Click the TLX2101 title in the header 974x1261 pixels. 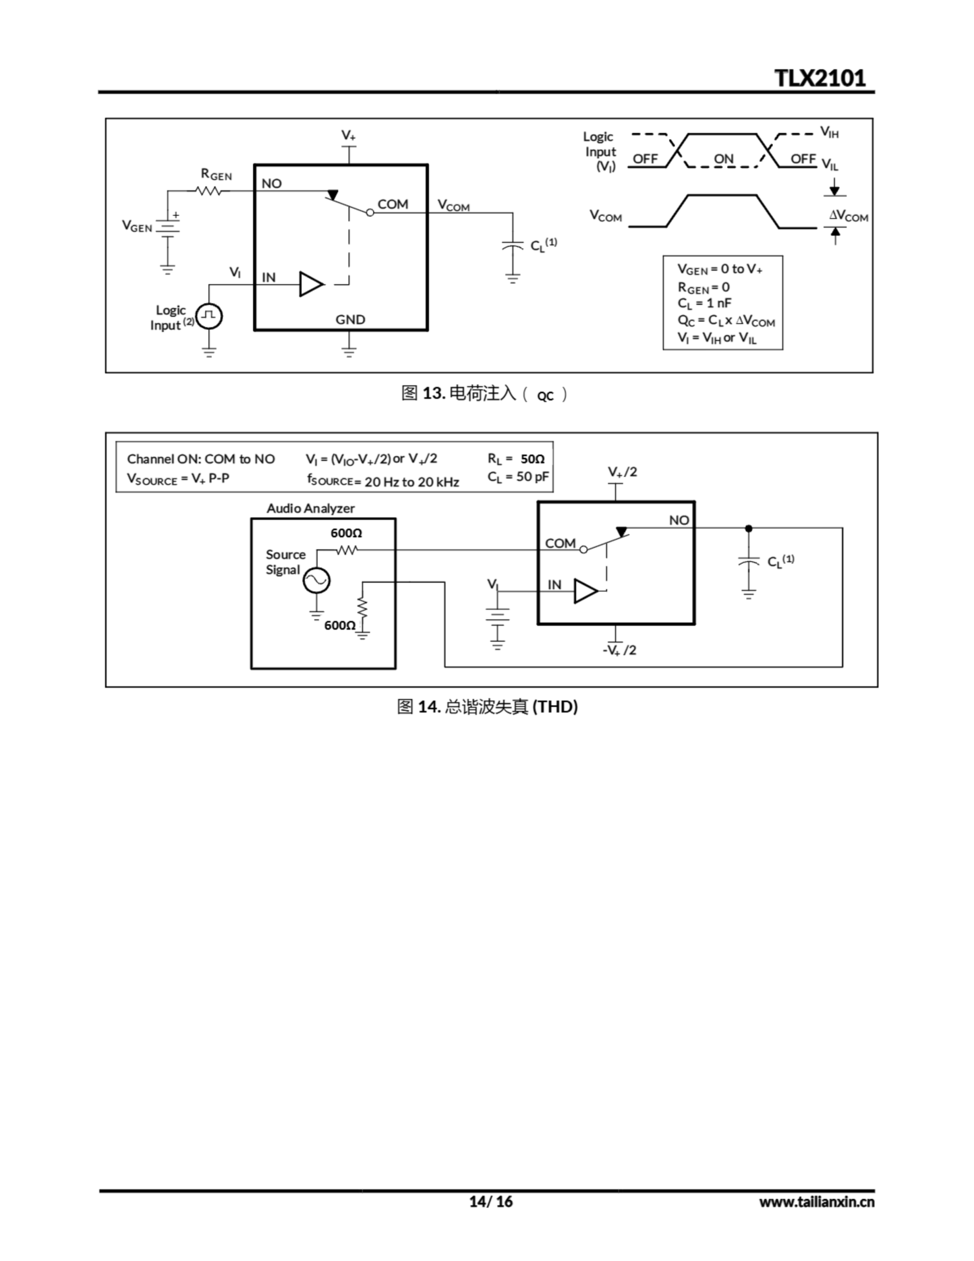(819, 78)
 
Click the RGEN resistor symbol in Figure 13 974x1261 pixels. (209, 191)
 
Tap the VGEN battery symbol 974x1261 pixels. (167, 229)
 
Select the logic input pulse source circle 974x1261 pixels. (209, 316)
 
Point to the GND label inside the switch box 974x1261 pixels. (350, 319)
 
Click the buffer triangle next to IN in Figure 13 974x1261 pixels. (311, 284)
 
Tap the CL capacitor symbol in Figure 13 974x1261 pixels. (512, 246)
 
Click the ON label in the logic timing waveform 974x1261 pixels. (723, 159)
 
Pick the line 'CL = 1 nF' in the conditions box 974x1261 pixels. (704, 303)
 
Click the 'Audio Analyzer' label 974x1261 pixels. (310, 508)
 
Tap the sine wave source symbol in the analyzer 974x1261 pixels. (317, 580)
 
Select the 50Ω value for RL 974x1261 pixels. (532, 459)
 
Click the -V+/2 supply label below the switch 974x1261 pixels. (619, 650)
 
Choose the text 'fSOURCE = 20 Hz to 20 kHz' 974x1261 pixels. (383, 481)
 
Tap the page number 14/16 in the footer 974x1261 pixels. (491, 1201)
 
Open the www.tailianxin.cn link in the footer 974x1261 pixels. (816, 1201)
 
